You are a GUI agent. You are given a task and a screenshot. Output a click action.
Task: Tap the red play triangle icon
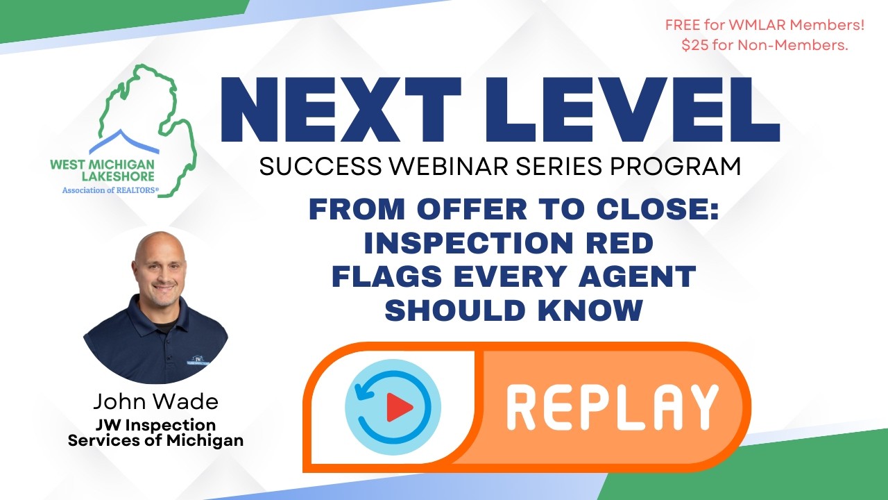(398, 407)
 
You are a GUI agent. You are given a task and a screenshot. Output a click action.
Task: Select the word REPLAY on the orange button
(612, 406)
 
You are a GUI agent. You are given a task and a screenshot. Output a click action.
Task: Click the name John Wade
(155, 401)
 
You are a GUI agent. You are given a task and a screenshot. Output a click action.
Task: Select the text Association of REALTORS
(110, 189)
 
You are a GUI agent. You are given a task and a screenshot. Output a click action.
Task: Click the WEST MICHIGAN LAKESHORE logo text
(102, 170)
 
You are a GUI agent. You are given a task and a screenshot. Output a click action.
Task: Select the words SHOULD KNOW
(513, 310)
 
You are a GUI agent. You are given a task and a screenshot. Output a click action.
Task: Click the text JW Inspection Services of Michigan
(155, 432)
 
